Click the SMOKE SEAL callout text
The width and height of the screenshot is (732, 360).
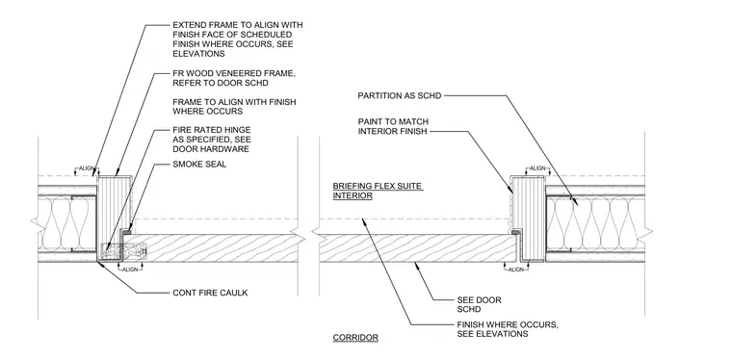(x=199, y=165)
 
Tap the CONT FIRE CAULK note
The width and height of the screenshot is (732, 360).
(x=210, y=293)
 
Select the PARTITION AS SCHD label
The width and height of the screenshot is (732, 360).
(x=399, y=95)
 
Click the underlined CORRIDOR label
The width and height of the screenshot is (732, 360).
(x=355, y=338)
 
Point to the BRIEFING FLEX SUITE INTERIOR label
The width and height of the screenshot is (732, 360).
(x=378, y=191)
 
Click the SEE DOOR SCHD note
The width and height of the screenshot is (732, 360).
(x=479, y=304)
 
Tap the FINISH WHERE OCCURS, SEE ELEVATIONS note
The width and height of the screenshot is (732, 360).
(x=508, y=329)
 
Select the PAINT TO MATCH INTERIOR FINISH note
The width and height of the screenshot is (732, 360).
(x=393, y=126)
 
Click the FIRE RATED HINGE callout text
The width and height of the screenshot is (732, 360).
(x=212, y=140)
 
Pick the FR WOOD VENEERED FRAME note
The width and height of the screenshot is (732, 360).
(x=234, y=78)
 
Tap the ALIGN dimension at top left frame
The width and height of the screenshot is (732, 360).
(x=86, y=168)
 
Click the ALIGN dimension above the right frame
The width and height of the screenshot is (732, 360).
(x=537, y=167)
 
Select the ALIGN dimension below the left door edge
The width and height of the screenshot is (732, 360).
(x=129, y=270)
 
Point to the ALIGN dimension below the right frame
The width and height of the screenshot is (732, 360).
(x=516, y=270)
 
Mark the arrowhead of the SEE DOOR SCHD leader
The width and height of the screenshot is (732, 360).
(x=416, y=265)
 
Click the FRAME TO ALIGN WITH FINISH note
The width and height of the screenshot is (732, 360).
(x=234, y=106)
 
